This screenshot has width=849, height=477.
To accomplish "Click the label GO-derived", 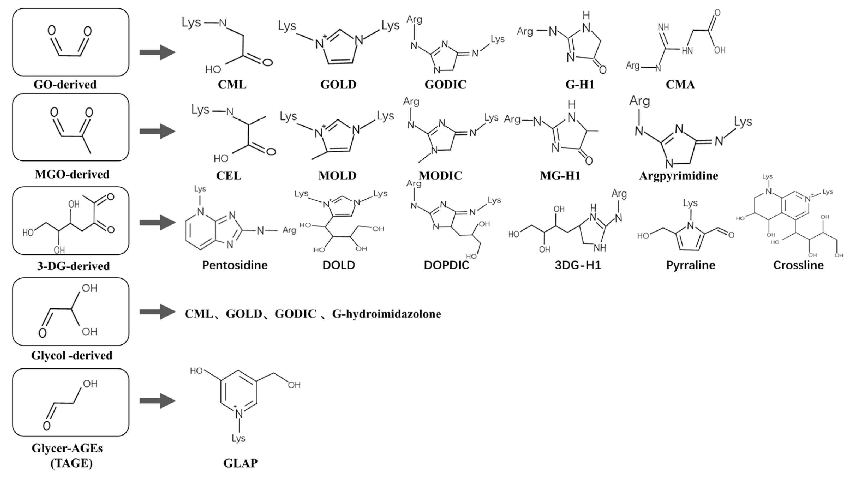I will point(65,85).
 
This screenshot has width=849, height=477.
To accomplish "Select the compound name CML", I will point(232,85).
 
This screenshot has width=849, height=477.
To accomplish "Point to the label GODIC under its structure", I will point(445,85).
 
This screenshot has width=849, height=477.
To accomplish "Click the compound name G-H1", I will point(580,85).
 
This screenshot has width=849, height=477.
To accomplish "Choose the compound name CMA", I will point(680,85).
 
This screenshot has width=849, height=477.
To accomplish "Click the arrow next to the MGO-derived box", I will point(157,131).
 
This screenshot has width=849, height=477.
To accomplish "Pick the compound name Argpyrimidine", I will point(678,176).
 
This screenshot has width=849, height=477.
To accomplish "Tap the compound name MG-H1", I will point(560,176).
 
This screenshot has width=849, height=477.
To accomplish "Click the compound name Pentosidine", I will point(235,265).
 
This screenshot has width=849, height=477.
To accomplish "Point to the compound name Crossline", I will point(798,265).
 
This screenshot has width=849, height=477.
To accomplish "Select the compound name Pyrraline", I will point(691,265).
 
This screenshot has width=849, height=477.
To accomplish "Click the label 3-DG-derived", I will point(73,266).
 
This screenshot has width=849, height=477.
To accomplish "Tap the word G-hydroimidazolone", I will point(386,314).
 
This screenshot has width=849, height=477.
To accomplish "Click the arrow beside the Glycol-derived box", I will point(157,312).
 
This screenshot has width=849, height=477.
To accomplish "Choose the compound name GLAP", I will point(240,463).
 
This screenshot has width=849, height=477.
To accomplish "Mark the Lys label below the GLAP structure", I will point(238,439).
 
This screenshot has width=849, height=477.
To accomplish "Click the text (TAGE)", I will point(71,463).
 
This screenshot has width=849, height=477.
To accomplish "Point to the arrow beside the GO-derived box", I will point(157,52).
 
